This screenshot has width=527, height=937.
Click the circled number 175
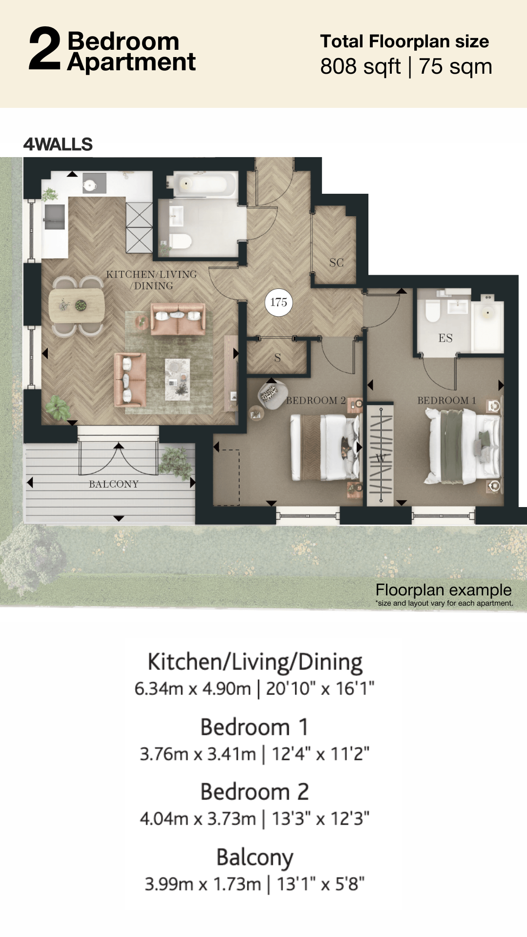pos(279,303)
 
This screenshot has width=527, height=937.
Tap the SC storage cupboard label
pos(337,263)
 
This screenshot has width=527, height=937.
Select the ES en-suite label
pos(446,338)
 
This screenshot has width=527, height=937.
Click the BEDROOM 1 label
pos(446,401)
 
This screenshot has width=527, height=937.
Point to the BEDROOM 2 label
pos(316,401)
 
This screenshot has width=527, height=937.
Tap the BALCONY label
pos(114,484)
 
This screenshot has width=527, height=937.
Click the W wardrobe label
pos(381,458)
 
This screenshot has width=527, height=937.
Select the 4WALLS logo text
pos(58,144)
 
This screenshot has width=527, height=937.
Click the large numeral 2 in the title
pos(45,49)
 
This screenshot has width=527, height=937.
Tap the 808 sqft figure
pos(360,66)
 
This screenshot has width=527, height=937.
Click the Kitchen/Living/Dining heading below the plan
pos(255,663)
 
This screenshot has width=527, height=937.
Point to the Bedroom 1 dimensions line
pos(255,754)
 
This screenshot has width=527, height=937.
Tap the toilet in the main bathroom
pos(180,241)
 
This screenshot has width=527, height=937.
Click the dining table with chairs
pos(77,306)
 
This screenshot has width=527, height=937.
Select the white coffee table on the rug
pos(177,379)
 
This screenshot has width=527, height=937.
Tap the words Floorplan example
pos(444,590)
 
